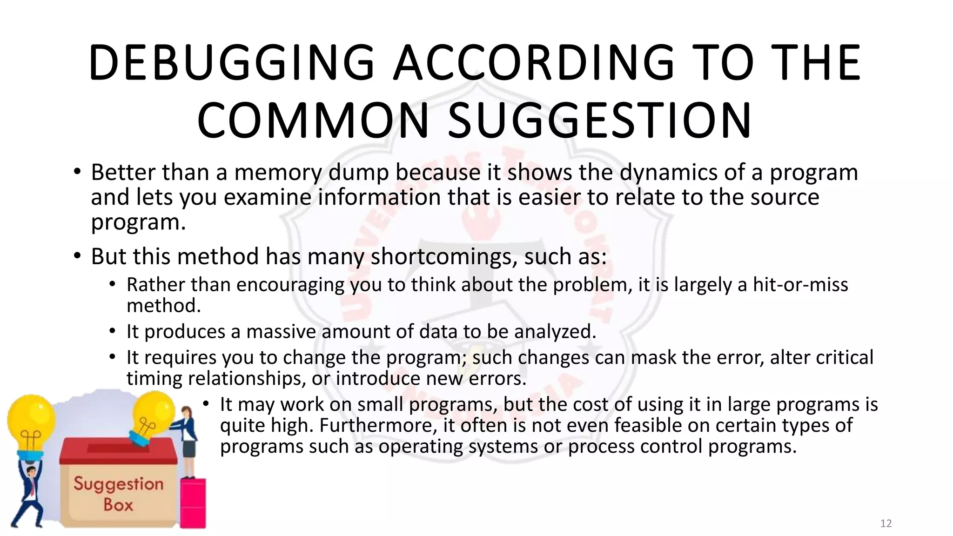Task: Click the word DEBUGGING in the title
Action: click(231, 63)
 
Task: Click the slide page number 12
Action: click(886, 523)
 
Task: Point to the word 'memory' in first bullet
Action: click(278, 173)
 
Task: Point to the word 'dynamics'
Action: click(668, 173)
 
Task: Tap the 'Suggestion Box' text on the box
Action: click(118, 494)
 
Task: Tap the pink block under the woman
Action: click(193, 502)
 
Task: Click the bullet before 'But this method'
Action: click(77, 256)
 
